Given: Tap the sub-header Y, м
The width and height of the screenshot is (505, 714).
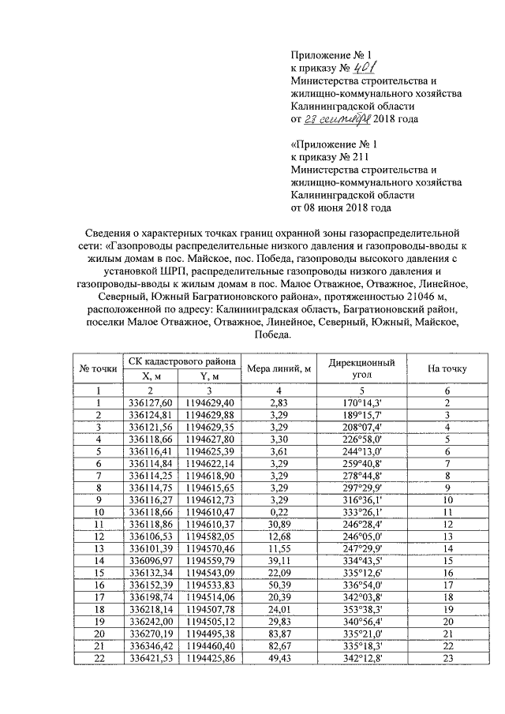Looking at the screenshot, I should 209,376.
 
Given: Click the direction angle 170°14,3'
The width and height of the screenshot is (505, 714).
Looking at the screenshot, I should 361,403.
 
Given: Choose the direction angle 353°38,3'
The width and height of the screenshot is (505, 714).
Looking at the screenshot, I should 361,609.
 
